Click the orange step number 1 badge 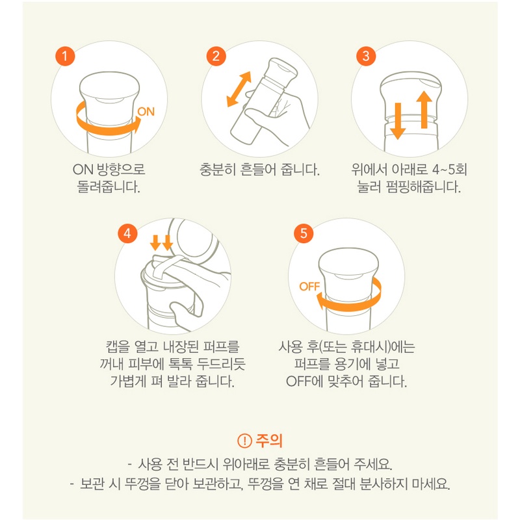65,56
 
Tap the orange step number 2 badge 216,56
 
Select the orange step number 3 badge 366,56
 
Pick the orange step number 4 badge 127,233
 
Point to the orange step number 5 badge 304,233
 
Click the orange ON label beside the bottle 146,112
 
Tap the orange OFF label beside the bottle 309,287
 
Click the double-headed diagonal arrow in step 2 239,89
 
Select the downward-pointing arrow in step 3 398,121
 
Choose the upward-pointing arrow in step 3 424,109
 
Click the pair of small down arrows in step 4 161,242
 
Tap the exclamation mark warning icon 244,441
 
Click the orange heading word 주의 269,441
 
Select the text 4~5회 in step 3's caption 450,170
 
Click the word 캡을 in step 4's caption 118,346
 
